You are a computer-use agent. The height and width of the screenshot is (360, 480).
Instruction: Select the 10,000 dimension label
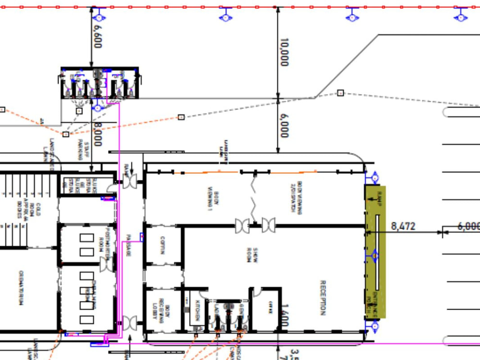click(x=284, y=52)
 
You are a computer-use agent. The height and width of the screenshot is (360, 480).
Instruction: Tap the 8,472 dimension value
click(x=403, y=226)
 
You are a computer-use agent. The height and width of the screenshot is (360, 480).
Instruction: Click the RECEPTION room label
click(x=323, y=298)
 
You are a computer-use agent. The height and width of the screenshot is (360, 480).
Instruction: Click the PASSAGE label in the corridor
click(x=129, y=245)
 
